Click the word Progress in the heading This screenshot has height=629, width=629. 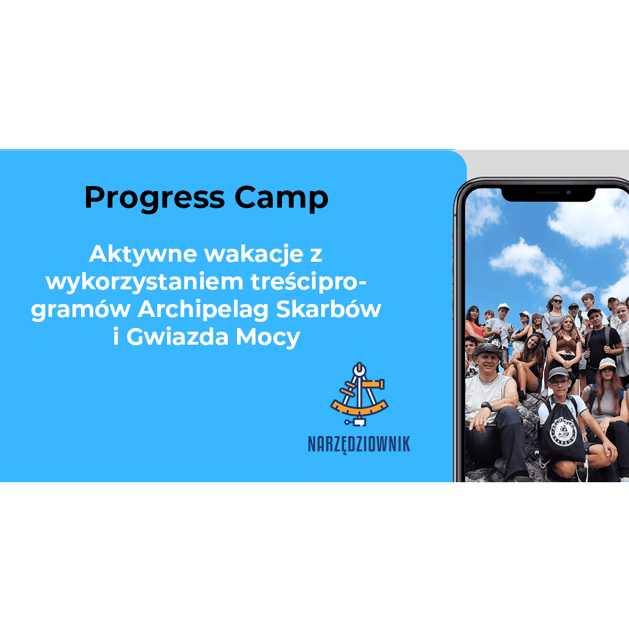pos(154,198)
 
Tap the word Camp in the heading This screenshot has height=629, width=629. pos(281,198)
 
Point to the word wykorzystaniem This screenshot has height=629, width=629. pos(144,283)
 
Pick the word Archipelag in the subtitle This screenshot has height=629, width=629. pos(203,310)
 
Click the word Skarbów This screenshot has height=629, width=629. pos(329,309)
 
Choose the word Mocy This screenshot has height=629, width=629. pos(268,337)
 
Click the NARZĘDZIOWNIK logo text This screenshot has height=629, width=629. pos(359,445)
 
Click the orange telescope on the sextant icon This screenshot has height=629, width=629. pos(373,385)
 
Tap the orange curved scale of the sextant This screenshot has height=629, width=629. pos(359,408)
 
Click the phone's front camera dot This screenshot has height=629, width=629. pos(568,193)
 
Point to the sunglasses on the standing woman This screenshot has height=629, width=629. pos(557,301)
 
